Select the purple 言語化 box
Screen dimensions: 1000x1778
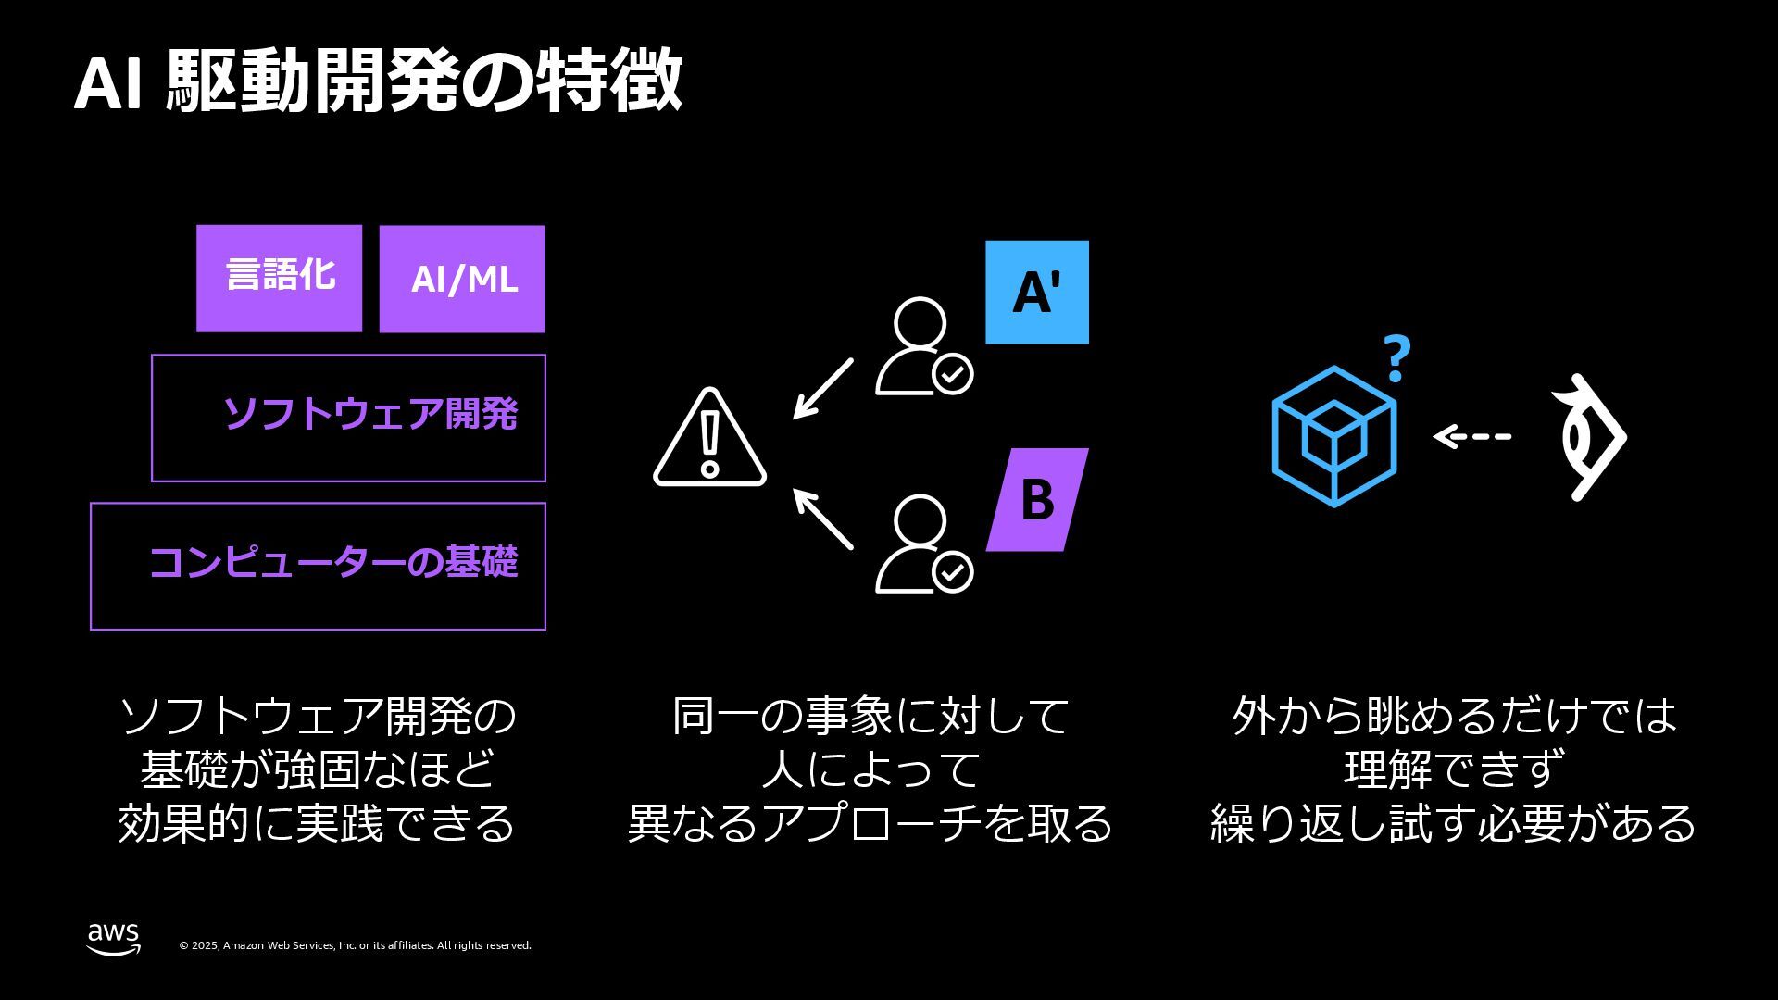click(279, 278)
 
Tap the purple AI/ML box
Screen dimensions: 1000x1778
click(462, 279)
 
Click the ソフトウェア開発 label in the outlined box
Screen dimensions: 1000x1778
click(370, 414)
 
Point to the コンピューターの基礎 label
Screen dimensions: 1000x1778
click(333, 562)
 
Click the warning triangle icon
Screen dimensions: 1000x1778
click(710, 439)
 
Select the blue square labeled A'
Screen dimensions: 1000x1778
click(1036, 293)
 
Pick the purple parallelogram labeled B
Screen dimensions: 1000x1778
click(1037, 500)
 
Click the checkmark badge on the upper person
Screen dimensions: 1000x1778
click(952, 375)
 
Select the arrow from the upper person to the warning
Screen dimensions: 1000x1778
click(822, 390)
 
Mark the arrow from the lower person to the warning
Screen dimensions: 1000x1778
click(822, 519)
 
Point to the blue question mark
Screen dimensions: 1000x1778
click(1396, 359)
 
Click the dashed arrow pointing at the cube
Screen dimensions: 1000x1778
click(1472, 436)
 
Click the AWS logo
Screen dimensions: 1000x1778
click(114, 939)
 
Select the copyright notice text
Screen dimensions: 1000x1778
click(355, 945)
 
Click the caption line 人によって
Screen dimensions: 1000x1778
click(870, 769)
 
